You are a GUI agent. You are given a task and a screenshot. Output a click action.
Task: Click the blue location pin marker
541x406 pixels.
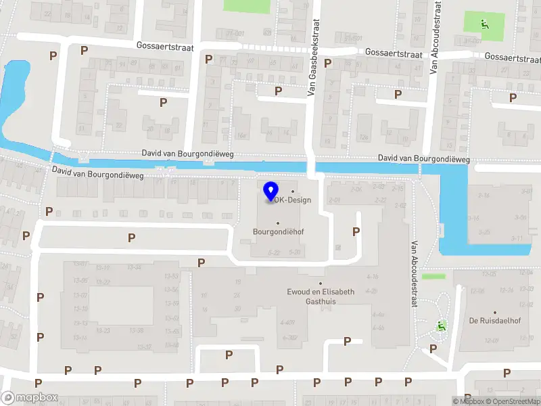tap(271, 191)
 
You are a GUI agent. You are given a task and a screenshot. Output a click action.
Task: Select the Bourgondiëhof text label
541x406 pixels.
tap(278, 231)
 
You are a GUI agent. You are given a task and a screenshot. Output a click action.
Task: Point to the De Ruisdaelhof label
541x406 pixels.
tap(494, 320)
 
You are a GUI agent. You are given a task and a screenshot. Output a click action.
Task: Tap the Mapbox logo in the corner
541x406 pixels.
tap(29, 398)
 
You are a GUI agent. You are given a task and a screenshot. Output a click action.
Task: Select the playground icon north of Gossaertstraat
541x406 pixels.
tap(484, 24)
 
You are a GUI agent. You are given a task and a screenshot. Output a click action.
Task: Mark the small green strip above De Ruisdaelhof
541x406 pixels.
tap(433, 276)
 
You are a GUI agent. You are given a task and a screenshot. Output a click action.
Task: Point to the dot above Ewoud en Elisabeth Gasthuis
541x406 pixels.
tap(321, 284)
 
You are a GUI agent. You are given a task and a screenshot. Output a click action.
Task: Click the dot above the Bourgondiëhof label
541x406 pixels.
tap(278, 222)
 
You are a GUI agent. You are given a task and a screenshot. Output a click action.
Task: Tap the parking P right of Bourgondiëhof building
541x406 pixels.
tap(356, 231)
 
